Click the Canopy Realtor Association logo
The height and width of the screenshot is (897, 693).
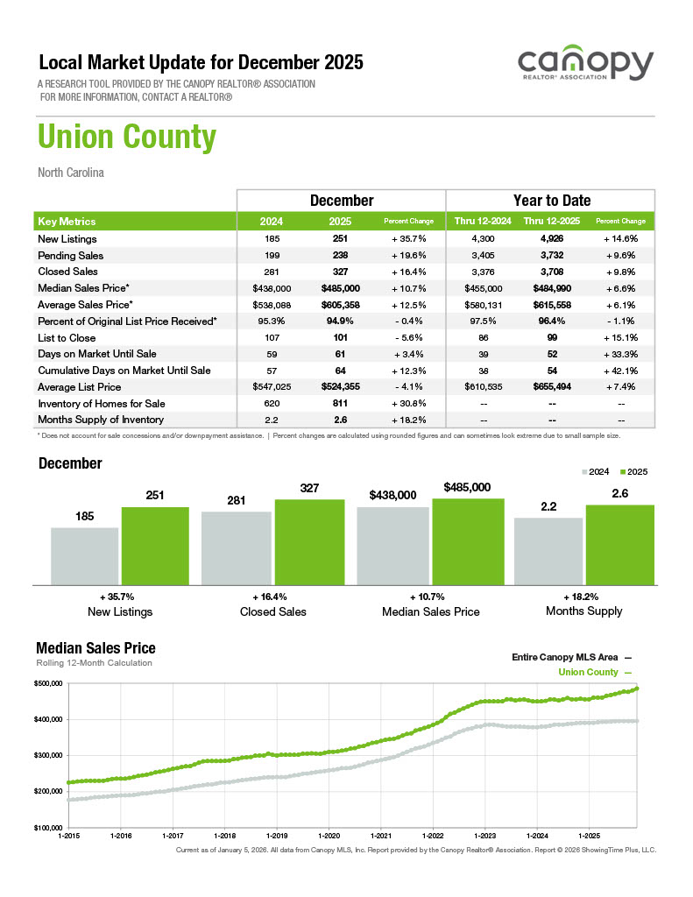click(x=585, y=67)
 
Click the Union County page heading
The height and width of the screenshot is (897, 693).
click(x=127, y=138)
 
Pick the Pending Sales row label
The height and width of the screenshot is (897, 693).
click(x=71, y=256)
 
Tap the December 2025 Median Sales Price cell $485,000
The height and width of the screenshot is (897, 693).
click(x=343, y=288)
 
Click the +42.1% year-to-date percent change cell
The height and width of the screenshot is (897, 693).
click(x=619, y=371)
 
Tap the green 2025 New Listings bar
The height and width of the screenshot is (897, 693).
click(x=155, y=545)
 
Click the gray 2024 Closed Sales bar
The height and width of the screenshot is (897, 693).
click(x=236, y=547)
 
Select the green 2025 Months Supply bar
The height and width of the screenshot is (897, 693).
click(x=619, y=544)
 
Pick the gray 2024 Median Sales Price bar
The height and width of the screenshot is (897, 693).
click(x=392, y=545)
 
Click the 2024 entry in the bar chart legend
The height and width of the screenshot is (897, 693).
click(x=596, y=472)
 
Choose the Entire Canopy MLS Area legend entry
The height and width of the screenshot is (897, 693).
click(x=570, y=656)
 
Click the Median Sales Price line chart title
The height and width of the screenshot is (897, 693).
click(x=95, y=648)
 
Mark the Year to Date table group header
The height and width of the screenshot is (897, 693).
click(x=551, y=201)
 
